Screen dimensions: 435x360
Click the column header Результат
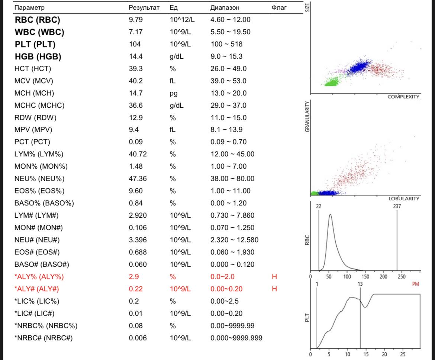point(144,7)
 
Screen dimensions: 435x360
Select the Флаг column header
point(279,7)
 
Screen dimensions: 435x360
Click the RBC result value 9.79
point(136,20)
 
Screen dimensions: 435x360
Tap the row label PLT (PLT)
point(35,44)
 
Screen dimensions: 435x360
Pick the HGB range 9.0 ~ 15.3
point(226,56)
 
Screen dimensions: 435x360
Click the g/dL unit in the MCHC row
point(177,106)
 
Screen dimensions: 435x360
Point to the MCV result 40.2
point(136,81)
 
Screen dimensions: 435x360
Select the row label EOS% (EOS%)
point(39,191)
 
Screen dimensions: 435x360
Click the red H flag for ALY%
point(274,276)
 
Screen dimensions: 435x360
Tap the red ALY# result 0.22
point(136,289)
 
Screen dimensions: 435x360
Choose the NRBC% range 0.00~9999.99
point(232,326)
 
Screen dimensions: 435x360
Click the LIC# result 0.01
point(136,314)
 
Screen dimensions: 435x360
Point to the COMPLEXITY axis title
point(403,97)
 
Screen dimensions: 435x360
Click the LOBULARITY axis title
point(404,199)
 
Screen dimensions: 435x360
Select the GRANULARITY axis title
point(307,116)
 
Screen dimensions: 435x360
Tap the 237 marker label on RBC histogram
point(397,206)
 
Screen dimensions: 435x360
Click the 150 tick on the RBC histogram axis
point(365,276)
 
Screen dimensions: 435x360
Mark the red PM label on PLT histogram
point(416,284)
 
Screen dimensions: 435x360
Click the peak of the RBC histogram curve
point(330,214)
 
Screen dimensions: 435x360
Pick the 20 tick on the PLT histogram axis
point(384,354)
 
